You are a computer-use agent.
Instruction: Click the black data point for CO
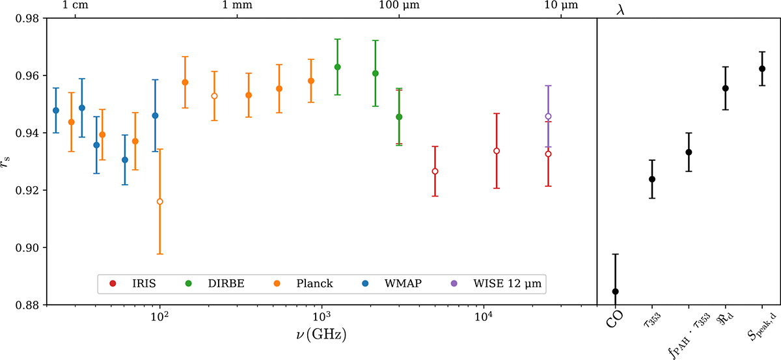point(616,292)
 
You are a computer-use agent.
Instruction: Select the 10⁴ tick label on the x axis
point(483,316)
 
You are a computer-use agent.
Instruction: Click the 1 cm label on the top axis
point(75,6)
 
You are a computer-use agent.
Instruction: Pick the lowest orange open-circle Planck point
point(159,202)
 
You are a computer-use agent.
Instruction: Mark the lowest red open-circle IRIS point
point(435,171)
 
